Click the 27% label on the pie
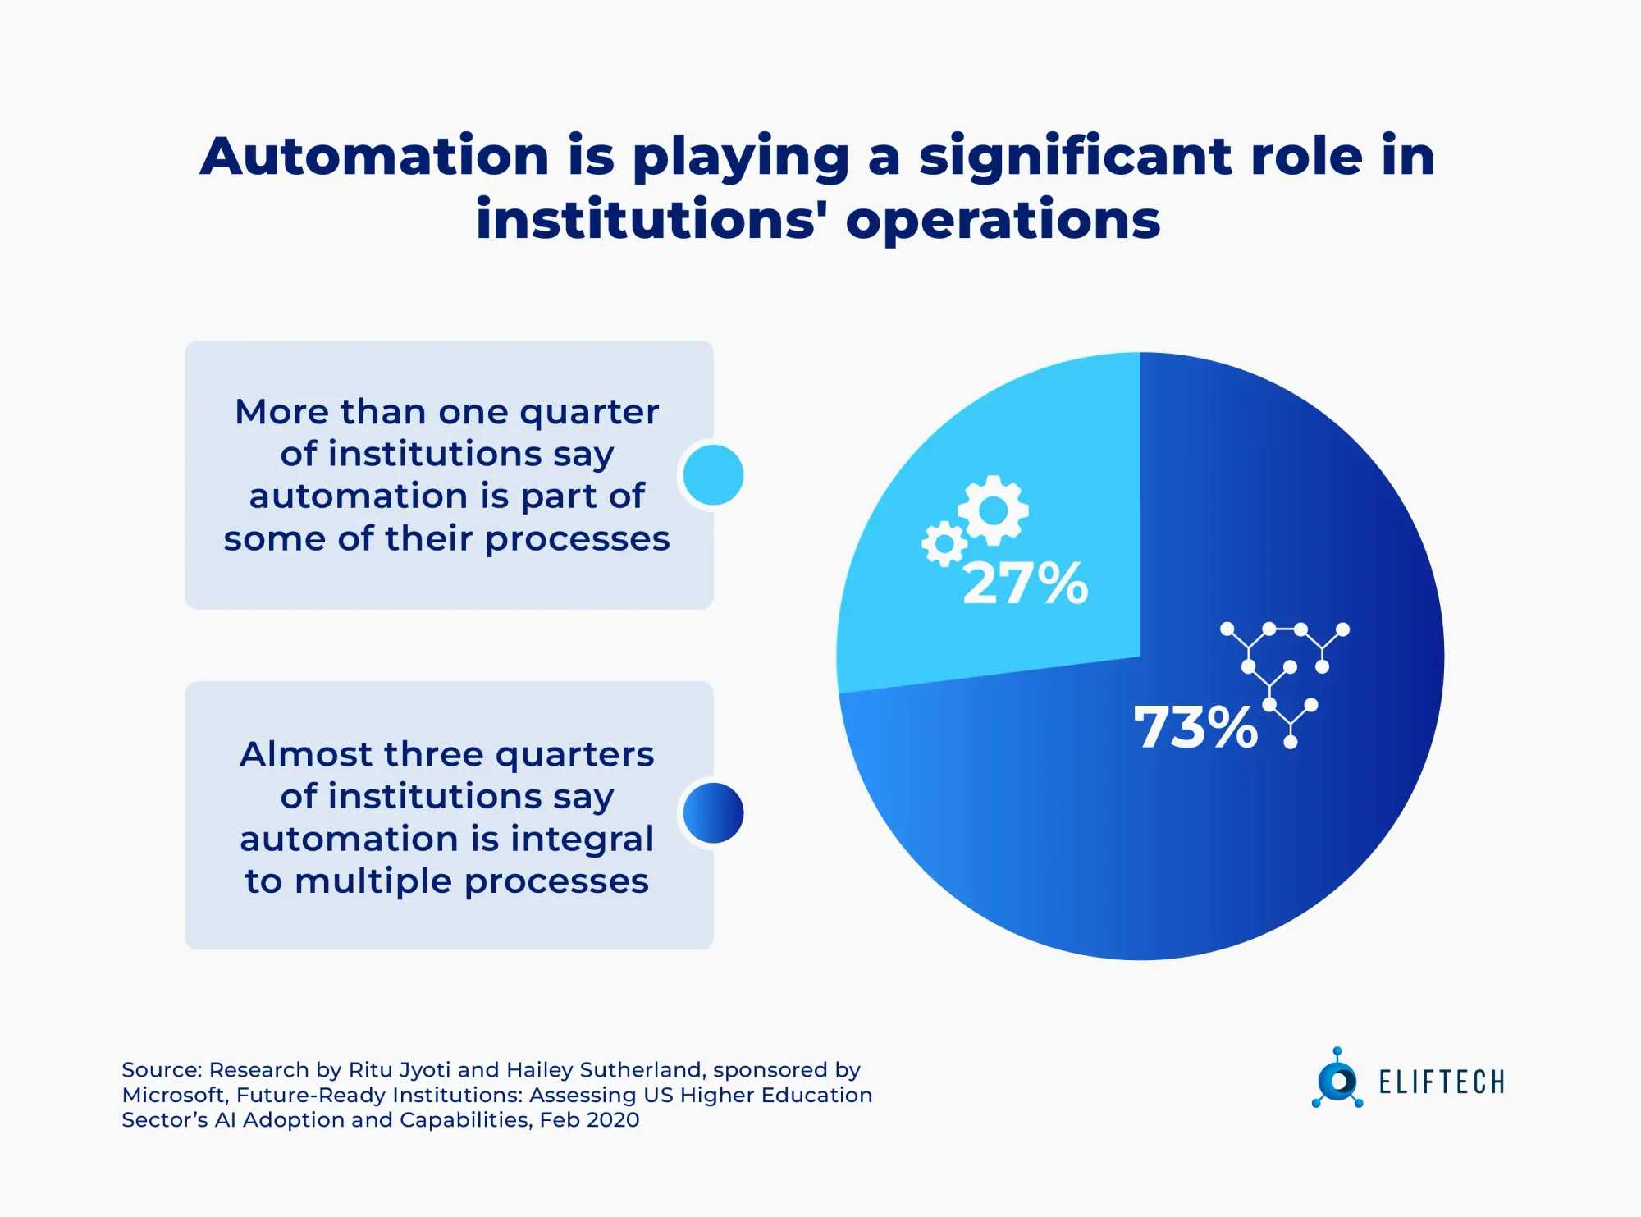point(1025,584)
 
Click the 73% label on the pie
point(1195,728)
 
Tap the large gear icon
point(994,510)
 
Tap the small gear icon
point(944,543)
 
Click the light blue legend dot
point(713,475)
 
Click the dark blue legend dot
point(713,813)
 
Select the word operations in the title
point(1003,221)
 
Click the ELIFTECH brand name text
point(1442,1082)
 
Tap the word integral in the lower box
point(583,839)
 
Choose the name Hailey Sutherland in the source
point(605,1070)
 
